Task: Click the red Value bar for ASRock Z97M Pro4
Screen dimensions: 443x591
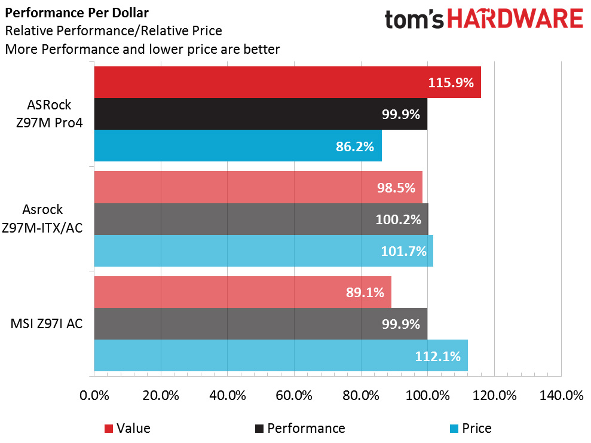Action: (287, 83)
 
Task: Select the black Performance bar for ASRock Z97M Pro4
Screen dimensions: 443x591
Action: (261, 114)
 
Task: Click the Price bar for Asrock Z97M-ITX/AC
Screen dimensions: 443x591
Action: (264, 250)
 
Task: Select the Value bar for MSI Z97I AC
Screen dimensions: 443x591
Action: (243, 292)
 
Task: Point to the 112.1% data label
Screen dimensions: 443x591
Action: (438, 356)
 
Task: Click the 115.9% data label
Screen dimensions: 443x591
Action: (451, 83)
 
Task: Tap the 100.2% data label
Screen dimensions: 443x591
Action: (398, 219)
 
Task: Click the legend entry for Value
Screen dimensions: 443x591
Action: (127, 428)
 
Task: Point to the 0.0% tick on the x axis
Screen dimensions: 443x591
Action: (94, 396)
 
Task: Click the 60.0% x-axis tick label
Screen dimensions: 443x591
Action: (295, 396)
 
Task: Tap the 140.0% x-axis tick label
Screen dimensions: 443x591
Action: (561, 396)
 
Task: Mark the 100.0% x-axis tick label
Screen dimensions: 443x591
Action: (428, 396)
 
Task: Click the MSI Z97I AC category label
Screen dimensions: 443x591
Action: (47, 324)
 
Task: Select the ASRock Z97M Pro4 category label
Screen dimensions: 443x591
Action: (49, 114)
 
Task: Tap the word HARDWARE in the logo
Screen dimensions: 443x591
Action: (515, 19)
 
